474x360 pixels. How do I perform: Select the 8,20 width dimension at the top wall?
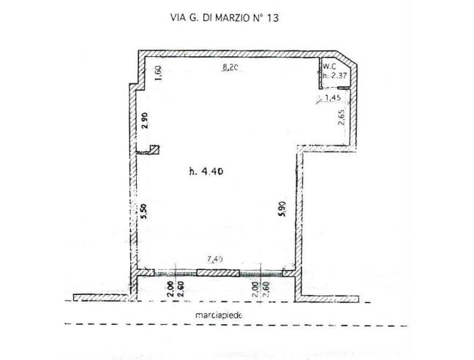point(231,68)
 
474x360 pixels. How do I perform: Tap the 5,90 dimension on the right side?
point(281,212)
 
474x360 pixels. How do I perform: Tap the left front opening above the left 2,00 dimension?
point(168,272)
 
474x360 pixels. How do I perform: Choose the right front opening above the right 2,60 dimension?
point(266,272)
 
